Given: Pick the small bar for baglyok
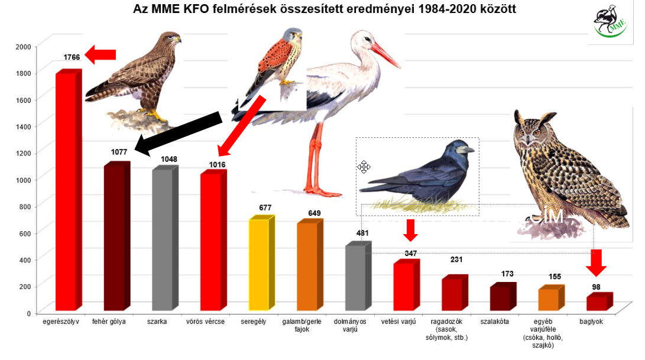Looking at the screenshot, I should pyautogui.click(x=597, y=303).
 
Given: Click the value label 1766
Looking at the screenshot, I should pyautogui.click(x=72, y=57).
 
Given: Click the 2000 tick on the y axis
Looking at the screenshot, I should pyautogui.click(x=23, y=47).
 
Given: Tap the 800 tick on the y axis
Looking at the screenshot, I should pyautogui.click(x=25, y=206).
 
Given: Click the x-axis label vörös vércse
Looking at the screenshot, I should pyautogui.click(x=211, y=322).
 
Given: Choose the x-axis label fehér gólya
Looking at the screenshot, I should pyautogui.click(x=114, y=322).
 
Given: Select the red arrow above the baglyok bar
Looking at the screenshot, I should pyautogui.click(x=597, y=262).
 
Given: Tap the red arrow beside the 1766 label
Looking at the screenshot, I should pyautogui.click(x=101, y=55).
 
